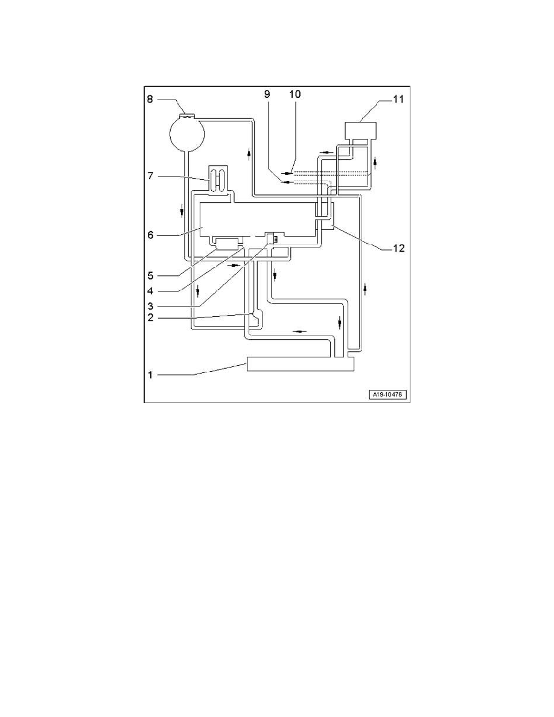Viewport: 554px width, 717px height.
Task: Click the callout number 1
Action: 150,375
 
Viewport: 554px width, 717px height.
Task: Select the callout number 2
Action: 150,317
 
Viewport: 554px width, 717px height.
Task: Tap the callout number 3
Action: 150,306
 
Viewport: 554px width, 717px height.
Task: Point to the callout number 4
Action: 150,291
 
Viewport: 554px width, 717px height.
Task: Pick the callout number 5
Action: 150,276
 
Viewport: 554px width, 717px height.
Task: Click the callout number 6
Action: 150,235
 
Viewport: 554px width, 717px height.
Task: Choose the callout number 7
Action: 150,176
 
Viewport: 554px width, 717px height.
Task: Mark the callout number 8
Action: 150,99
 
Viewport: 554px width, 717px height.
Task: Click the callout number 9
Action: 267,94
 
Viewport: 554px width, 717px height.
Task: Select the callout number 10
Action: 295,94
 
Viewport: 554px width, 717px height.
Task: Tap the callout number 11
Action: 398,99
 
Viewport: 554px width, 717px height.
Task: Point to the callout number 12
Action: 398,248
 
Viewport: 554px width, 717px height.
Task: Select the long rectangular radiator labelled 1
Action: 301,364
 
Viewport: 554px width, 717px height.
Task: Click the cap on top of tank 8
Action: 187,115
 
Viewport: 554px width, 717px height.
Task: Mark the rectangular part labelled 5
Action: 227,243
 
